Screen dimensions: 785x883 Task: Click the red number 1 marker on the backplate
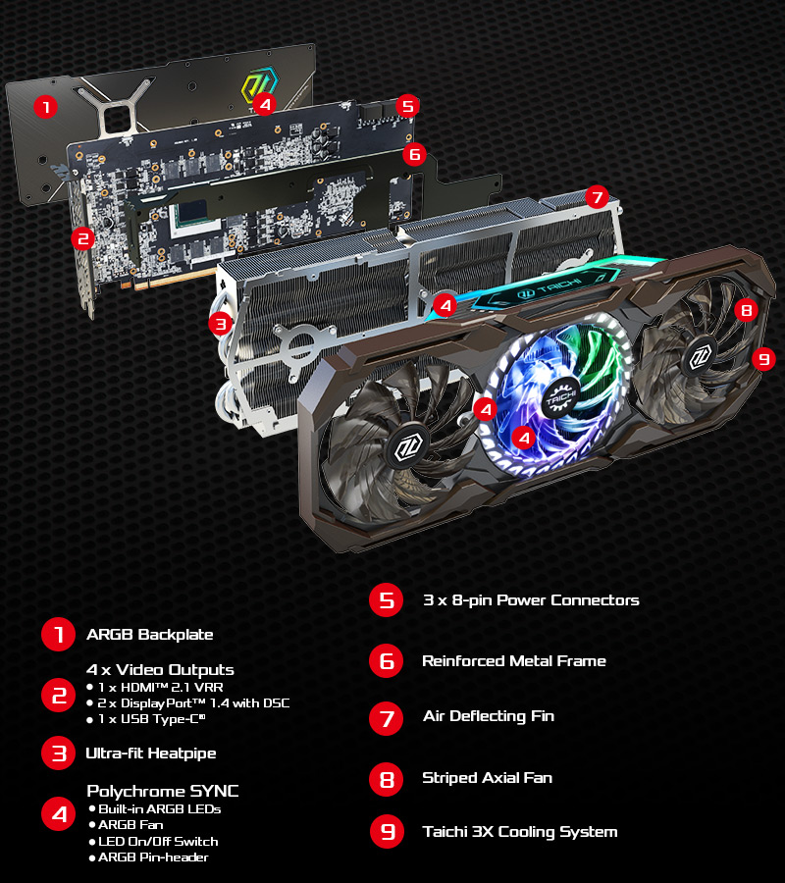(45, 106)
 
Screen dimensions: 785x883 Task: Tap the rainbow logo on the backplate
(260, 86)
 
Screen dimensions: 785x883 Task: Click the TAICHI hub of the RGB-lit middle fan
(560, 398)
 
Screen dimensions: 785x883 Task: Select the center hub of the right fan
(700, 356)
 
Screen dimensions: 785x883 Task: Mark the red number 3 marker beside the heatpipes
(220, 324)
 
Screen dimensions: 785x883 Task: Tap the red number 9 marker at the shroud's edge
(763, 359)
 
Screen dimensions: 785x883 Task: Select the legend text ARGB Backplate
(150, 635)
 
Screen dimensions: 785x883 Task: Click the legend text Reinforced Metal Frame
(514, 660)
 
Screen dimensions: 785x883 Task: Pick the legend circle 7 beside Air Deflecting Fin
(387, 718)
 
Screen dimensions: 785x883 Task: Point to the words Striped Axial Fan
(487, 778)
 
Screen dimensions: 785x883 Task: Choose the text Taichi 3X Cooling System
(520, 832)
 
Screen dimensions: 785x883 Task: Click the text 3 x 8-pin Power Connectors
(531, 600)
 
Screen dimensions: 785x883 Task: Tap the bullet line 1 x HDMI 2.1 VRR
(156, 687)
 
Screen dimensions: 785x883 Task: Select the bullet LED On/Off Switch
(154, 842)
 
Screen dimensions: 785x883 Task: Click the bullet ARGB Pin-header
(149, 857)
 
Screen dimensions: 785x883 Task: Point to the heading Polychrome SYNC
(163, 791)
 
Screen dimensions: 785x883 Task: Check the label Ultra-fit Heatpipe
(151, 753)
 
